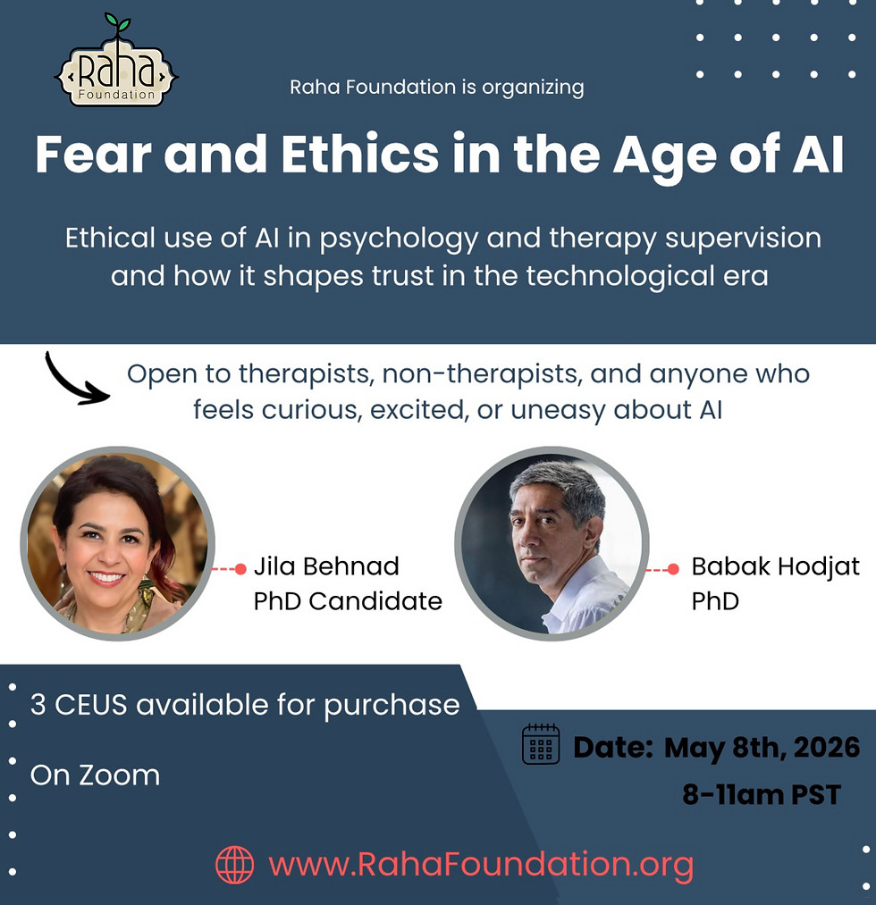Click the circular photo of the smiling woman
click(x=117, y=541)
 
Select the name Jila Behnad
click(x=326, y=566)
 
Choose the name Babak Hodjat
click(x=775, y=566)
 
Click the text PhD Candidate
click(x=348, y=600)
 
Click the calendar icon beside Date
click(x=541, y=744)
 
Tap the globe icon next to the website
click(x=235, y=864)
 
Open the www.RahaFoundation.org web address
click(x=481, y=864)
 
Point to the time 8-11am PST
click(x=761, y=794)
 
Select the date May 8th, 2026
click(x=762, y=747)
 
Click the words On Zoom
click(x=95, y=775)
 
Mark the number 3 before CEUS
click(x=38, y=705)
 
